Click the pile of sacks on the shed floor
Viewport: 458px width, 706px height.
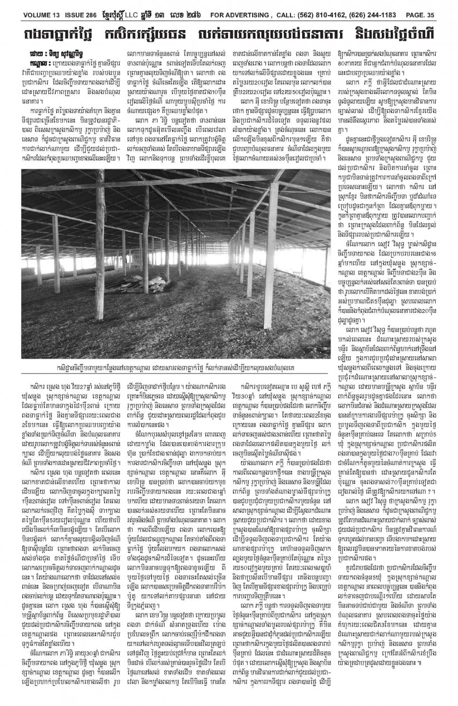point(139,286)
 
